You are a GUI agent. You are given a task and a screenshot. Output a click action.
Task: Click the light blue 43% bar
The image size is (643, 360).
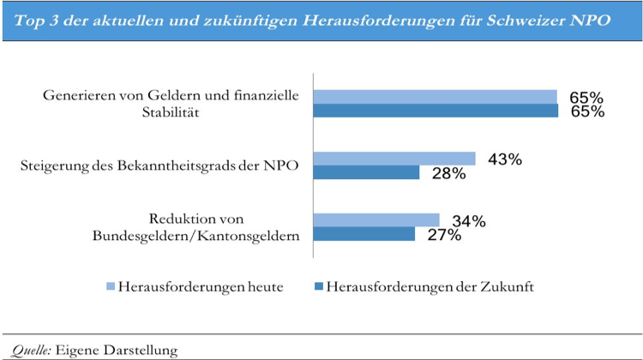394,158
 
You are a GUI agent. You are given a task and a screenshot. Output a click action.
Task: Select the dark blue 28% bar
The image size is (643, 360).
366,172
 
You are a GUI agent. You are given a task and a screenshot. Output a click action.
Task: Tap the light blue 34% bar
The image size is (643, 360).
376,219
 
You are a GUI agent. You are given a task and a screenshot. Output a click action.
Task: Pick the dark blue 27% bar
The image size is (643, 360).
364,234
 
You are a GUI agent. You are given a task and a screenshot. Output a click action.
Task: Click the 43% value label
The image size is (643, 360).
503,159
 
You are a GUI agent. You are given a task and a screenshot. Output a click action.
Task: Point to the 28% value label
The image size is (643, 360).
448,174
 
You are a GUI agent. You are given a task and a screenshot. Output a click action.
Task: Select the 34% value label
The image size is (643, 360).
467,221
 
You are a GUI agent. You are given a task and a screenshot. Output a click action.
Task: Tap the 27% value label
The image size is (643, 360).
442,236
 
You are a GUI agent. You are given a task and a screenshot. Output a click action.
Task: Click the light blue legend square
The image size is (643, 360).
110,286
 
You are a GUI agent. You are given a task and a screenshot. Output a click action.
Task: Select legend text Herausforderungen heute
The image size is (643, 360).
202,287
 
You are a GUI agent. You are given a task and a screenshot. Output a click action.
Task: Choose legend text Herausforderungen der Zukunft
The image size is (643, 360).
430,287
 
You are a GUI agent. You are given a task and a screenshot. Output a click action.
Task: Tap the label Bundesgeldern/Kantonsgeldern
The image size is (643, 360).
196,236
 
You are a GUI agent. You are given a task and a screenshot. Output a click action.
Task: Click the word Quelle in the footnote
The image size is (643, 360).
29,350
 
